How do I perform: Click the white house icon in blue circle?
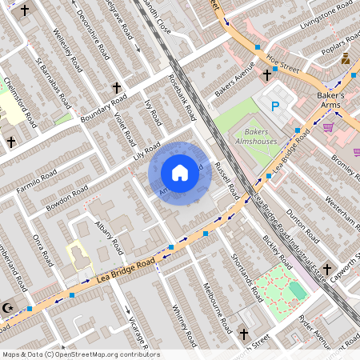click(180, 173)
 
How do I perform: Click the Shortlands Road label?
click(246, 275)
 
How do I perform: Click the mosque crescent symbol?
click(9, 307)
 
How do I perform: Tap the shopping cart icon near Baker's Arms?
click(328, 126)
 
